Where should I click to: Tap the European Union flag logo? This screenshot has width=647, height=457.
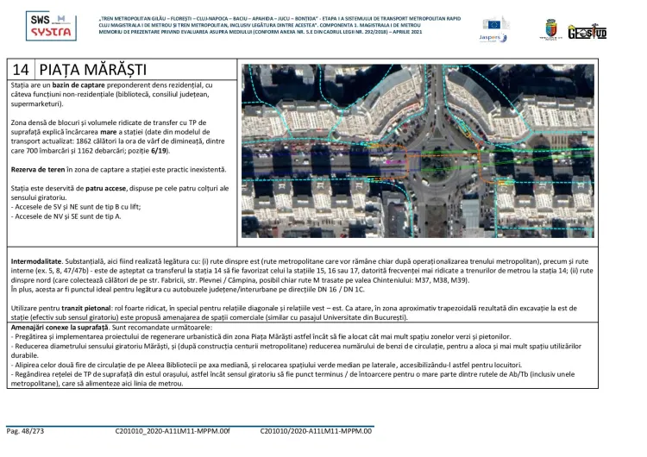click(x=496, y=23)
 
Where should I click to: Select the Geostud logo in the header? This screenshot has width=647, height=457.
click(x=587, y=32)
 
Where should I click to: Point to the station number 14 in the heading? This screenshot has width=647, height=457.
click(x=22, y=69)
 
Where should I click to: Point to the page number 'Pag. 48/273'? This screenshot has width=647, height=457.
click(x=26, y=429)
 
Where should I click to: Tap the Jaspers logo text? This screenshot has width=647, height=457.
click(x=492, y=38)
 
